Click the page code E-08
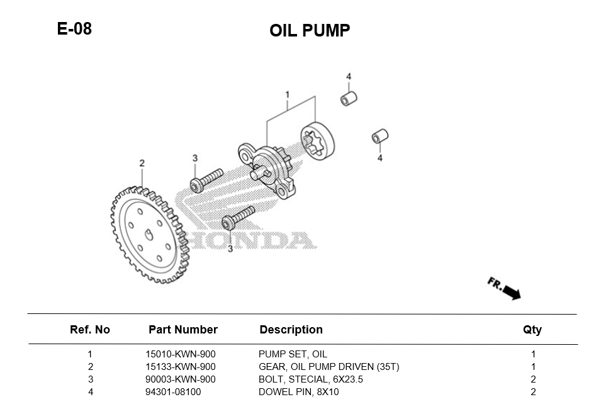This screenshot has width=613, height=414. point(74,29)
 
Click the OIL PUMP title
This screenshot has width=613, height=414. point(309,31)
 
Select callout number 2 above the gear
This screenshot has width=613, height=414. point(142,164)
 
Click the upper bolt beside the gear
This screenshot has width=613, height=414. point(207,179)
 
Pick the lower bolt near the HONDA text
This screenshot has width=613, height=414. point(239,217)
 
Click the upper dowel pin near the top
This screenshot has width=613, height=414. point(349,99)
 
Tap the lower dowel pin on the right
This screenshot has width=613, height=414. point(380,137)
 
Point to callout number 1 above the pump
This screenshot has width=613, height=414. point(287,95)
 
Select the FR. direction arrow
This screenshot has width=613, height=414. point(504,289)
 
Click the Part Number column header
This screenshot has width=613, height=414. point(183,330)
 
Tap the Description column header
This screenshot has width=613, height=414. point(291,330)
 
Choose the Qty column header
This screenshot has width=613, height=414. point(532,330)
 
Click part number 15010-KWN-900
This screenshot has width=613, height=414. point(181,354)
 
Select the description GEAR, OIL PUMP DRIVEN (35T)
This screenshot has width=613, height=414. point(329,367)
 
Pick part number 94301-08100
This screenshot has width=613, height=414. point(173,392)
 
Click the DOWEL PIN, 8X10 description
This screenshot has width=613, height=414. point(299,392)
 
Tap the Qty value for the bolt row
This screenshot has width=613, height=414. point(533,379)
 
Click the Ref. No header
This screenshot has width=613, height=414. point(90,330)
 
